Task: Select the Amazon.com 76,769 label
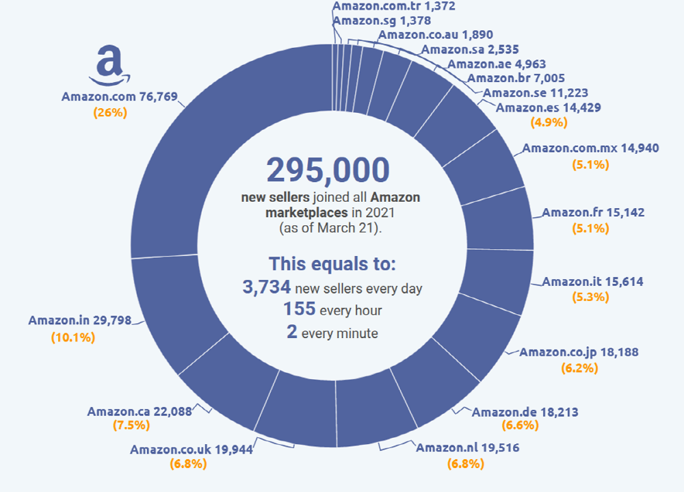pos(119,96)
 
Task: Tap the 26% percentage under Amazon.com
pos(110,113)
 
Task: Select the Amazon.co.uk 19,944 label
pos(192,449)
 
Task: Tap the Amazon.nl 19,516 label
pos(467,448)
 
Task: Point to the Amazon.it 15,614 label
pos(592,281)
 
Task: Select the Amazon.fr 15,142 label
pos(592,213)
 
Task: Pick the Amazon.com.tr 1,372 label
pos(393,7)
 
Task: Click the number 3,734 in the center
pos(267,287)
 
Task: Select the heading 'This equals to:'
pos(332,264)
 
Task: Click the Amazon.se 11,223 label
pos(535,93)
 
